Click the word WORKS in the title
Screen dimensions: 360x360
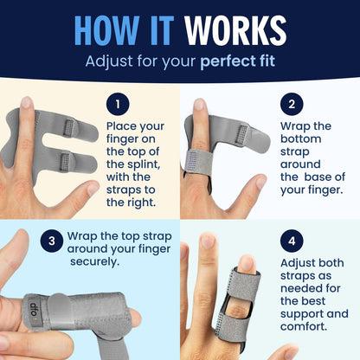pyautogui.click(x=235, y=30)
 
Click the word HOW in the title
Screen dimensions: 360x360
pyautogui.click(x=106, y=30)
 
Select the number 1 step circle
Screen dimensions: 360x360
pyautogui.click(x=118, y=104)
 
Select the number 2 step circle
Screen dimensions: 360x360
pyautogui.click(x=292, y=104)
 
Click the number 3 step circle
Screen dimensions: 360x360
pyautogui.click(x=52, y=241)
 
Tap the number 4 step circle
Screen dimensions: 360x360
pyautogui.click(x=292, y=241)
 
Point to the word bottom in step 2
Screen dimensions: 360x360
pyautogui.click(x=301, y=138)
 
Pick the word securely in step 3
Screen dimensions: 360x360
pyautogui.click(x=94, y=262)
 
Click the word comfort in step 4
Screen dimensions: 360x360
pyautogui.click(x=304, y=326)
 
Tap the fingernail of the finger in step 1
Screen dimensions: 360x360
pyautogui.click(x=27, y=102)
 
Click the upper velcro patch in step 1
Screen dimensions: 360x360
pyautogui.click(x=70, y=127)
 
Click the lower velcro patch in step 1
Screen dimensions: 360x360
pyautogui.click(x=66, y=162)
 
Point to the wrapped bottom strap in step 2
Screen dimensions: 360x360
pyautogui.click(x=198, y=162)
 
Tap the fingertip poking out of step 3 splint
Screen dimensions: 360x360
pyautogui.click(x=135, y=317)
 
